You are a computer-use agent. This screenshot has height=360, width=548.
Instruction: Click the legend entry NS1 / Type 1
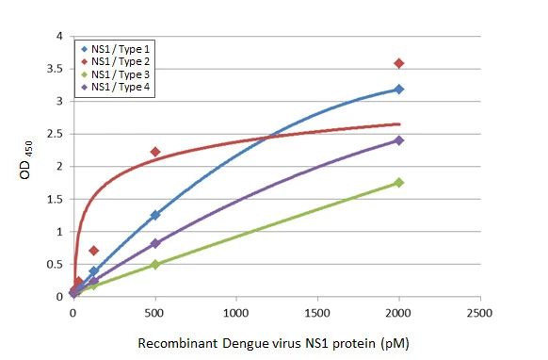pyautogui.click(x=121, y=48)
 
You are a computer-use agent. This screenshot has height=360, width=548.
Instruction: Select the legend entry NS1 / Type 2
pyautogui.click(x=121, y=61)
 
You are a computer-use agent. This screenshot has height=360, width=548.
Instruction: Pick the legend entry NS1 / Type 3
pyautogui.click(x=121, y=74)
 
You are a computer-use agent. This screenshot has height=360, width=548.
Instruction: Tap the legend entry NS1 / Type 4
pyautogui.click(x=121, y=88)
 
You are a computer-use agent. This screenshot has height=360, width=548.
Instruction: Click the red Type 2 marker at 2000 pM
pyautogui.click(x=399, y=63)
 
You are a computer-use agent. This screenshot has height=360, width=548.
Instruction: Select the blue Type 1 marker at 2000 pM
pyautogui.click(x=399, y=90)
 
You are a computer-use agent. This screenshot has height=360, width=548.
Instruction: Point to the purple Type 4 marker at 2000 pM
pyautogui.click(x=399, y=140)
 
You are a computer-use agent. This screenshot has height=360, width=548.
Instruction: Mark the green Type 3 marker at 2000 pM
pyautogui.click(x=399, y=183)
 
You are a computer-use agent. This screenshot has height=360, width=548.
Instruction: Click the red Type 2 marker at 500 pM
pyautogui.click(x=155, y=152)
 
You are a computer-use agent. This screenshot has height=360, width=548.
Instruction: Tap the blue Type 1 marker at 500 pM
pyautogui.click(x=155, y=215)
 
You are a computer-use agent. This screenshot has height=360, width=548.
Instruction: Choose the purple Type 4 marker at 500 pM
pyautogui.click(x=155, y=243)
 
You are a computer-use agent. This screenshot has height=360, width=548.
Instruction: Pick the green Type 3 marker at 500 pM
pyautogui.click(x=155, y=265)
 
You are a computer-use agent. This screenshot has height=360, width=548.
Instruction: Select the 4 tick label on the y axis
pyautogui.click(x=62, y=37)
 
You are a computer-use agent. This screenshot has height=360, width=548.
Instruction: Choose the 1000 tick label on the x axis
pyautogui.click(x=236, y=312)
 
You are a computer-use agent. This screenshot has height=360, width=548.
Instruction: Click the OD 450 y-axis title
pyautogui.click(x=27, y=166)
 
